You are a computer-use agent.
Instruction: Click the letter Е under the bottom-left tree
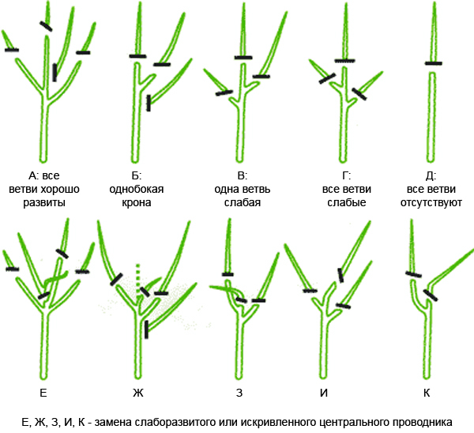[43, 393]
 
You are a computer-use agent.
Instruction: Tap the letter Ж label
[137, 393]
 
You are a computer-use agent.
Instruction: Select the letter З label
[239, 393]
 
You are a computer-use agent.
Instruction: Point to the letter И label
[324, 393]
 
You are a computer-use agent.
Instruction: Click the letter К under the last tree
[427, 393]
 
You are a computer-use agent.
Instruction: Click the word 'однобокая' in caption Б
[137, 190]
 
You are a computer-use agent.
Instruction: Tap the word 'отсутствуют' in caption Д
[431, 202]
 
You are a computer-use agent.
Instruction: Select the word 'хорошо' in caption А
[60, 190]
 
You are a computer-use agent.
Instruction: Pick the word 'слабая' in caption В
[243, 202]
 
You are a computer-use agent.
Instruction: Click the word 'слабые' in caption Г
[347, 202]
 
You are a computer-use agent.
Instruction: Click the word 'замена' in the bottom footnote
[113, 422]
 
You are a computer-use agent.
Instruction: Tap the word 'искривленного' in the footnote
[279, 423]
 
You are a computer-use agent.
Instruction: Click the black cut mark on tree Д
[434, 63]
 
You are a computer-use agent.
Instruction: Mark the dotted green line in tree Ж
[137, 280]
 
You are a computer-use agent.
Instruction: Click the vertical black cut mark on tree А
[55, 73]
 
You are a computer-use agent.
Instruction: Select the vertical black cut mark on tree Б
[149, 103]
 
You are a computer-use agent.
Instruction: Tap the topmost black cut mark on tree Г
[345, 61]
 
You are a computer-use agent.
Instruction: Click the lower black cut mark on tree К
[431, 295]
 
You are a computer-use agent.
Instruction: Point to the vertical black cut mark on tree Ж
[147, 329]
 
